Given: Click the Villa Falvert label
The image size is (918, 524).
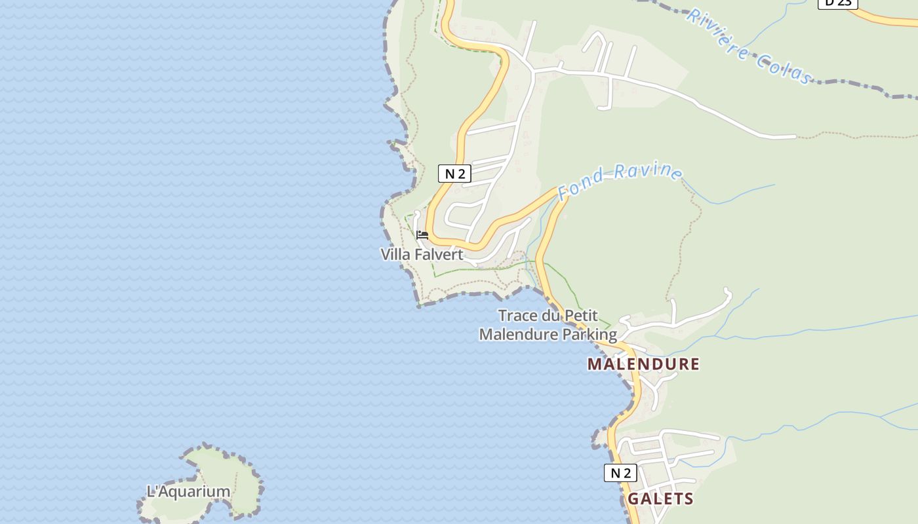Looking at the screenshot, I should click(x=422, y=254).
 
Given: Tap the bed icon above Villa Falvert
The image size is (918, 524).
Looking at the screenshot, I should click(x=422, y=234).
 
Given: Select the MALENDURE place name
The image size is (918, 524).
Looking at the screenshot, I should click(x=643, y=364).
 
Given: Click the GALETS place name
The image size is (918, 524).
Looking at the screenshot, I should click(x=660, y=498).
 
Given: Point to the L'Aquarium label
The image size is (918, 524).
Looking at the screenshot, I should click(x=188, y=491).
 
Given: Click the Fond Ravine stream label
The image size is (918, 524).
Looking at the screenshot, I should click(x=620, y=180).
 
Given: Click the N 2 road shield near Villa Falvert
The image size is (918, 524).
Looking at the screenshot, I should click(x=454, y=174).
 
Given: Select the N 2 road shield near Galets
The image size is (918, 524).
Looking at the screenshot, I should click(x=620, y=473).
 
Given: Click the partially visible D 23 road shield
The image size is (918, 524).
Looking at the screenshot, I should click(x=837, y=3).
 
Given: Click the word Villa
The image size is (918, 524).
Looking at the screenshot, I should click(x=395, y=254).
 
